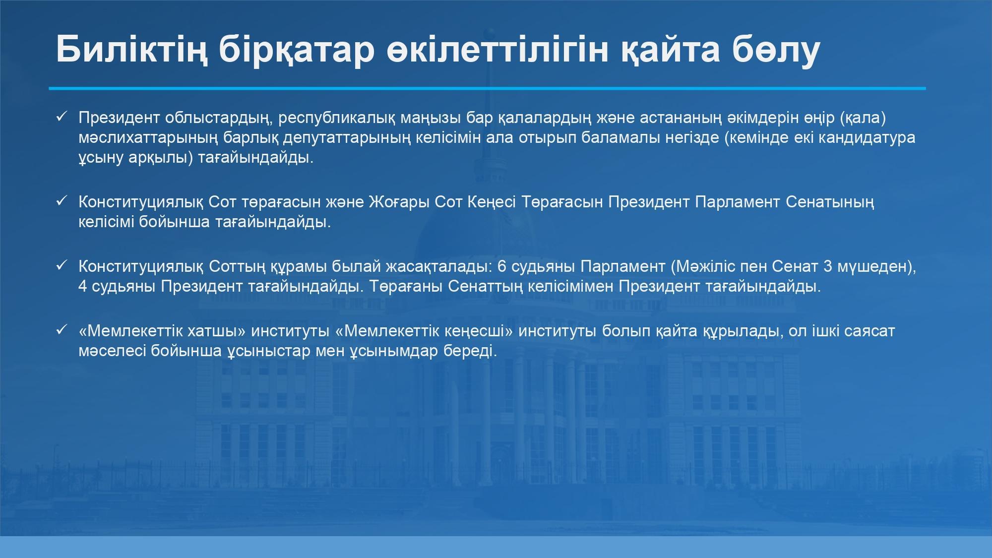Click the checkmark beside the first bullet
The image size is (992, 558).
[62, 117]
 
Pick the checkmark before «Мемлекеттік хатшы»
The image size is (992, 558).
[62, 330]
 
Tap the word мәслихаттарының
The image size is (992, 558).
[148, 138]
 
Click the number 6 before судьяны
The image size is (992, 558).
[501, 266]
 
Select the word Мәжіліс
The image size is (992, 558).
[704, 266]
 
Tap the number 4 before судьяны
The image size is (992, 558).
[83, 286]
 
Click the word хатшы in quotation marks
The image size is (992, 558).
[218, 331]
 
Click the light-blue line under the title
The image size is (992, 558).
[487, 88]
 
